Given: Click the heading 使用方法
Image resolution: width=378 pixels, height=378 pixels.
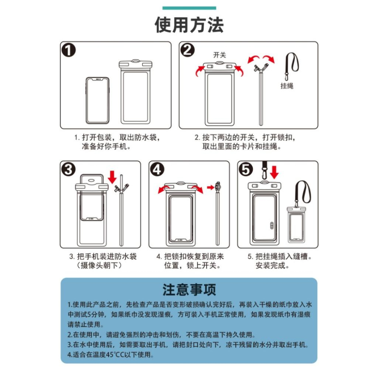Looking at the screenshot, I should (189, 25).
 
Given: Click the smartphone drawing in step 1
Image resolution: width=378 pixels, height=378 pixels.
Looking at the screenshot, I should (97, 100).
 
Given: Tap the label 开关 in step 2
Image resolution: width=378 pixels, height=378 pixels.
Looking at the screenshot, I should (220, 55).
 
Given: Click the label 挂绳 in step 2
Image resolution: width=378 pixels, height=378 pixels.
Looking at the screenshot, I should (287, 86).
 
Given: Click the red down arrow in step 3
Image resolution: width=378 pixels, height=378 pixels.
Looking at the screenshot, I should (112, 176).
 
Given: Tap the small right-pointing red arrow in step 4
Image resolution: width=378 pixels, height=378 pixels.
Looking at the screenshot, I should (210, 187).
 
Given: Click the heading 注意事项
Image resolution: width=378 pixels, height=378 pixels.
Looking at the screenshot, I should (189, 290).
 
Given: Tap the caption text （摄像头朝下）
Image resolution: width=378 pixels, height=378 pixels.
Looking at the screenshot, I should (100, 265).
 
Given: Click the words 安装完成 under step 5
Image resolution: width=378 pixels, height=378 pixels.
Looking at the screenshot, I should (272, 265).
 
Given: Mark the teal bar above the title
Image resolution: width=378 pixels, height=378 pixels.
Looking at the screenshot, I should (189, 8).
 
